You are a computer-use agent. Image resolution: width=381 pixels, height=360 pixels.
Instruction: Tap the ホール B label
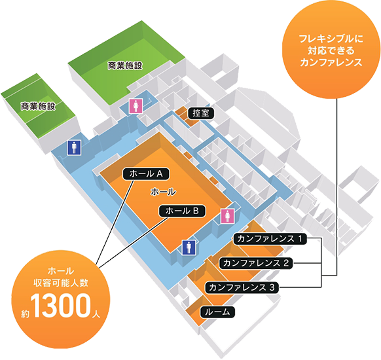(183, 211)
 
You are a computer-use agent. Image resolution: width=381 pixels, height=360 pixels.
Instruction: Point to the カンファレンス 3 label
(242, 287)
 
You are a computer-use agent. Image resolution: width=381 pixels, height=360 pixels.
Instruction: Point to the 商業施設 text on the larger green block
(125, 65)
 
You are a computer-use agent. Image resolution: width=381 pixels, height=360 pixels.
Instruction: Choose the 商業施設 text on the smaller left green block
(38, 105)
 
